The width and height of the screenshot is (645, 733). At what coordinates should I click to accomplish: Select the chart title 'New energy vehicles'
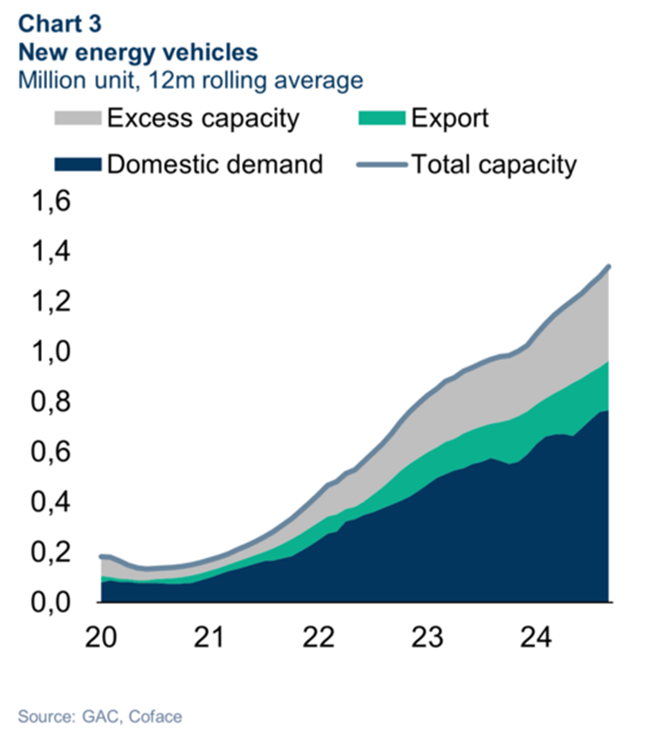pos(138,52)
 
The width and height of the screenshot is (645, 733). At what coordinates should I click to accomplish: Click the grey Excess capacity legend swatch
pos(76,117)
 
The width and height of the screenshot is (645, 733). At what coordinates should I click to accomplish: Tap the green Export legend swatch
pos(382,117)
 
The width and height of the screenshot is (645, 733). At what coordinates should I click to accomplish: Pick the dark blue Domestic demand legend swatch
pos(76,164)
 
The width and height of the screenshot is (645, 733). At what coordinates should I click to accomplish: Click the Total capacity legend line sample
pos(382,164)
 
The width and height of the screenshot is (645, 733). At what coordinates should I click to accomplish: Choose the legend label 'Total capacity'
pos(493,164)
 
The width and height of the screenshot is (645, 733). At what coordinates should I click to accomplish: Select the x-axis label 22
pos(319,638)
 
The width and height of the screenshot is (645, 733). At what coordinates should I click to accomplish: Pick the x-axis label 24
pos(536,638)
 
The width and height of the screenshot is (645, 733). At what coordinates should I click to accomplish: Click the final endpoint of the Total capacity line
pos(609,267)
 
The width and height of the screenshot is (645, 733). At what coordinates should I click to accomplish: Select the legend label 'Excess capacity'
pos(202,117)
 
